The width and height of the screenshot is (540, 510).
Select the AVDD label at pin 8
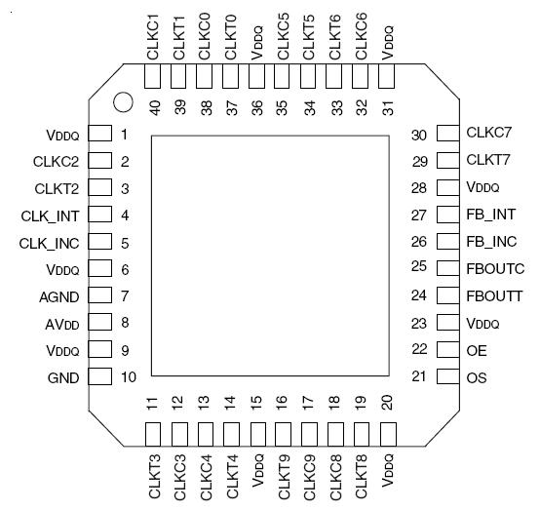pyautogui.click(x=63, y=323)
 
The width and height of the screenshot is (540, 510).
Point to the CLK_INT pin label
pyautogui.click(x=50, y=215)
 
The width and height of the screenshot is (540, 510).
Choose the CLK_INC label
pyautogui.click(x=49, y=242)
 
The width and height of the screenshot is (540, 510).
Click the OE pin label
pyautogui.click(x=475, y=349)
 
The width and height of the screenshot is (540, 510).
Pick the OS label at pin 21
pyautogui.click(x=476, y=376)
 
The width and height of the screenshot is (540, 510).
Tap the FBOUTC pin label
pyautogui.click(x=495, y=268)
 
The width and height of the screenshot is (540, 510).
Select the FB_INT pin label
pyautogui.click(x=491, y=215)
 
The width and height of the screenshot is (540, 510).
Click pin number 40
pyautogui.click(x=154, y=108)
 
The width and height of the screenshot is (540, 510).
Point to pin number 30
pyautogui.click(x=420, y=134)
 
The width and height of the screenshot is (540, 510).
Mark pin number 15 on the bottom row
pyautogui.click(x=256, y=400)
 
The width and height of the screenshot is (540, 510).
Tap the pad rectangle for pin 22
pyautogui.click(x=446, y=349)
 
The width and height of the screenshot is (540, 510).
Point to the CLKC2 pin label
pyautogui.click(x=57, y=161)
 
